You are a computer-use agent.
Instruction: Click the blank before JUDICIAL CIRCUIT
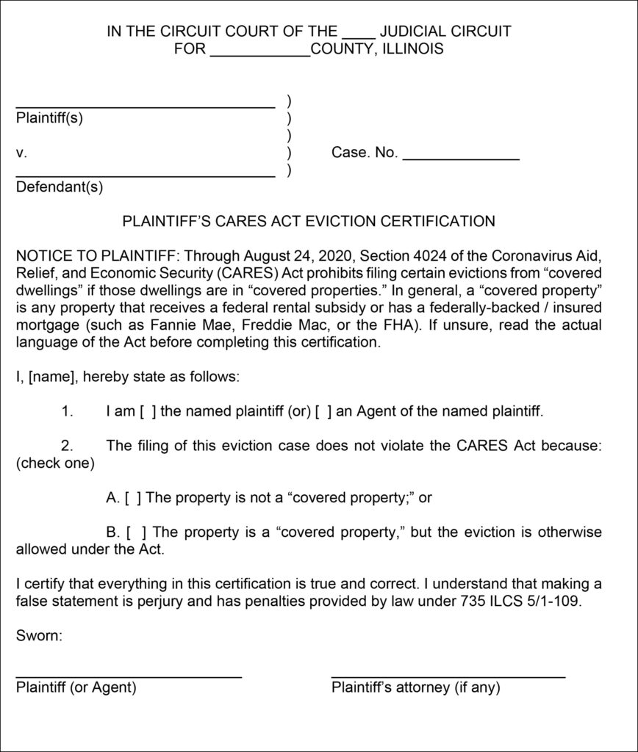359,35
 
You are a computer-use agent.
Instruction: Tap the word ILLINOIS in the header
416,50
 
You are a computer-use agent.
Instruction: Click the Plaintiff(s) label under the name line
50,119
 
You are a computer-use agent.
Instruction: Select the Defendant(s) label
60,187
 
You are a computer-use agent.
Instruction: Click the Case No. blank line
461,157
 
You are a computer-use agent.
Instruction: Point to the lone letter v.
21,153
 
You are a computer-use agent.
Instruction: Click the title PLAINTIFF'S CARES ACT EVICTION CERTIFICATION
308,220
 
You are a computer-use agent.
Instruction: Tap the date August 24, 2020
283,256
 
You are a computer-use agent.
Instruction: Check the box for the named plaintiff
148,412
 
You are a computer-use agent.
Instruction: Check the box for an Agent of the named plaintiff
323,412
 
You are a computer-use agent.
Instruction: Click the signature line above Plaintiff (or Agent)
129,674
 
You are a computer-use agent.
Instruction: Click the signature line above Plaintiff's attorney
448,674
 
